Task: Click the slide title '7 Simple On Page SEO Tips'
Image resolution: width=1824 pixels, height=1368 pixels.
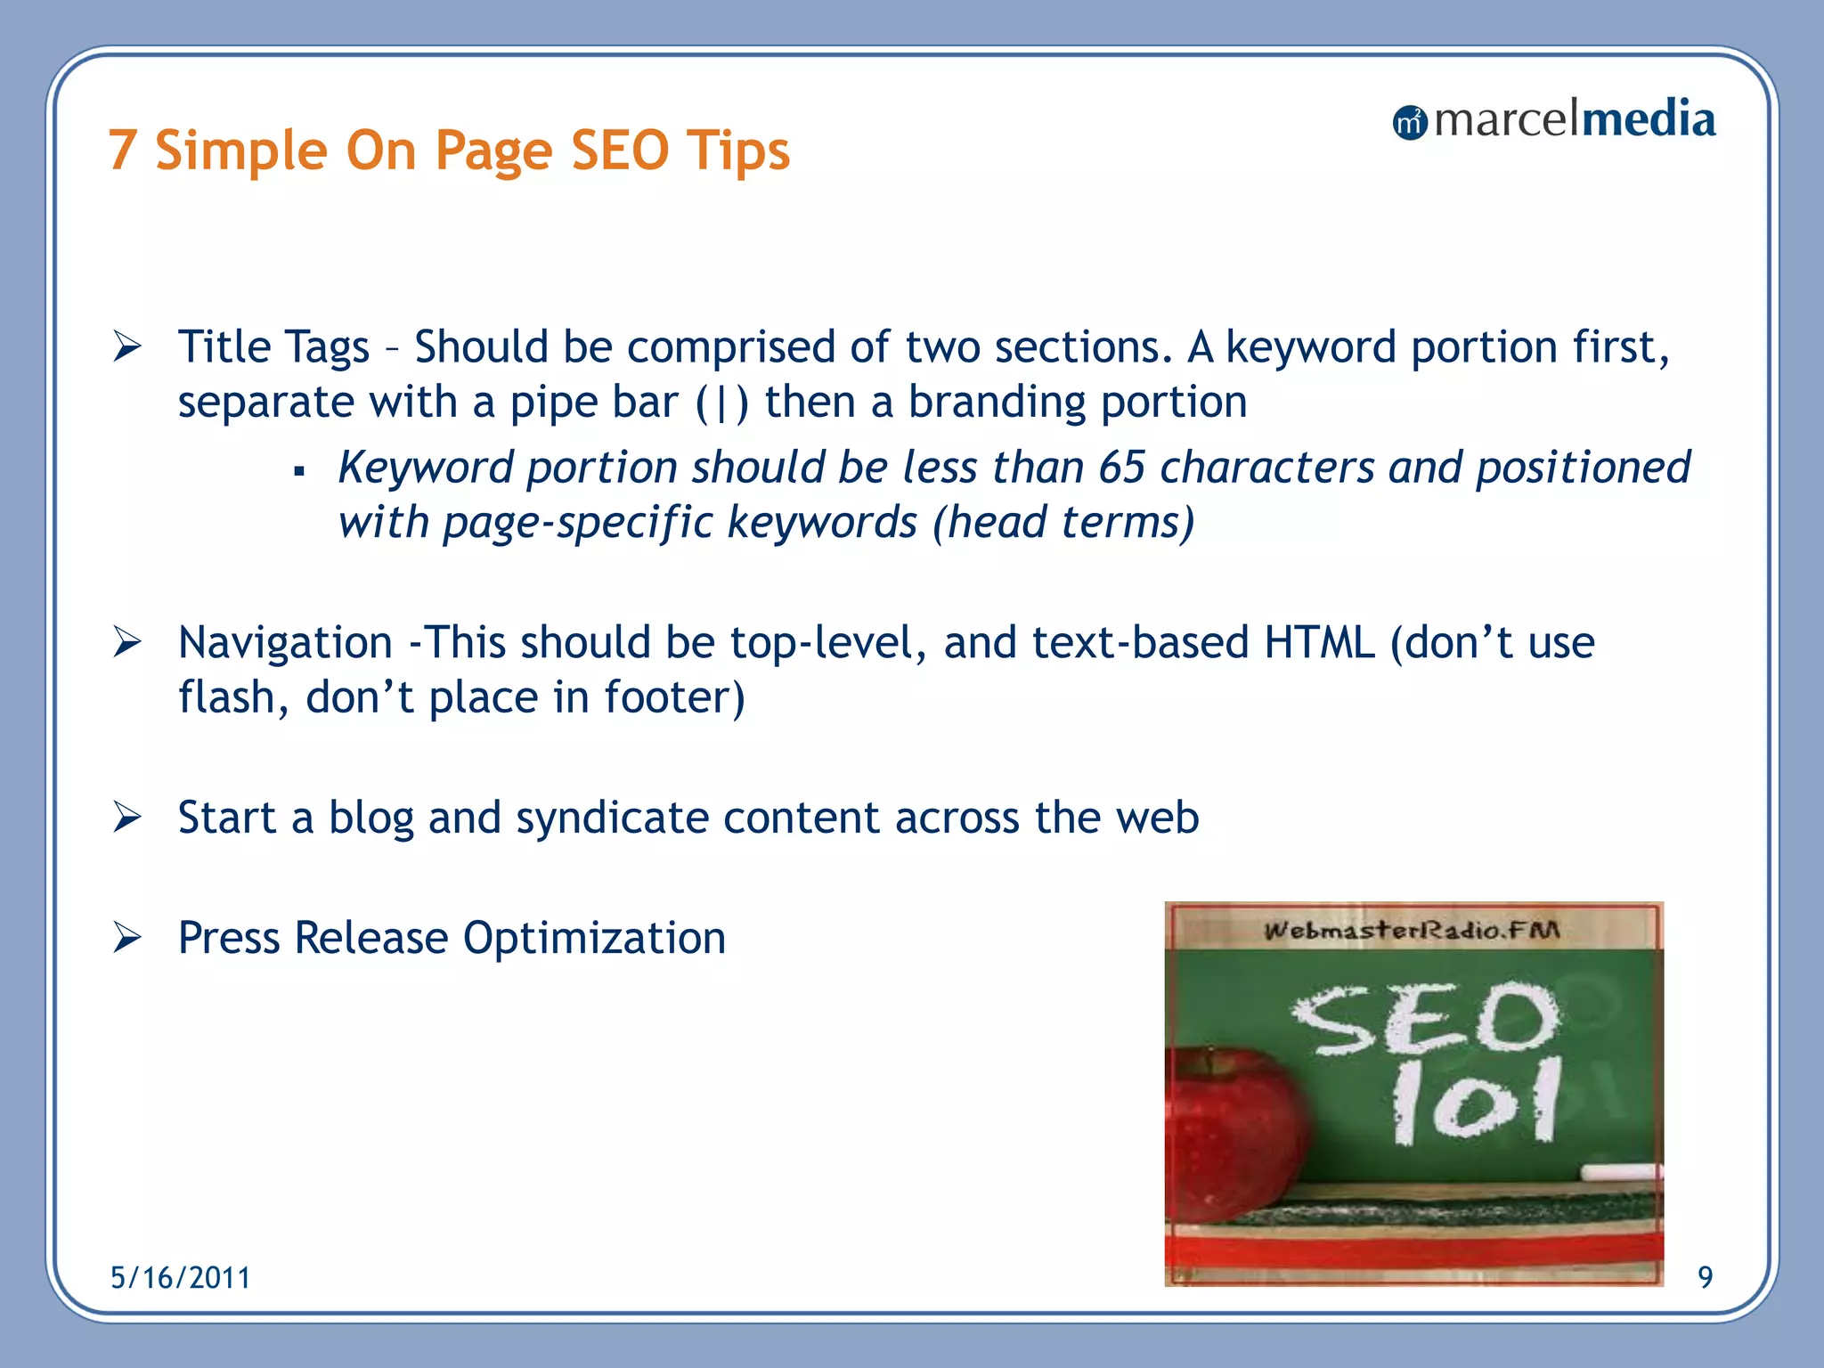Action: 449,150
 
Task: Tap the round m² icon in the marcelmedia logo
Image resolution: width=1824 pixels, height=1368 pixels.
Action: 1409,123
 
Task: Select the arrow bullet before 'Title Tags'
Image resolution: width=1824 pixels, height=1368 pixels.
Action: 127,346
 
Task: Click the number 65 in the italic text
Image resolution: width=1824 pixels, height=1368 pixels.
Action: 1121,468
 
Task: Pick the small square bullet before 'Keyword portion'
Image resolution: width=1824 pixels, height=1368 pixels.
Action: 299,470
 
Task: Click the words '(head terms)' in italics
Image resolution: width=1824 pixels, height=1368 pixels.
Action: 1063,522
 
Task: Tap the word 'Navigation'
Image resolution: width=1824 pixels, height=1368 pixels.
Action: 285,643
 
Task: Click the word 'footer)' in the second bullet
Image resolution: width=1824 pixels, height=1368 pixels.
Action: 674,697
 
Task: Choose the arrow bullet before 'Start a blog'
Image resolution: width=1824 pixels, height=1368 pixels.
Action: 127,818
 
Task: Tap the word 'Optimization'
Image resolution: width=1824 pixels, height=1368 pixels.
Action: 594,938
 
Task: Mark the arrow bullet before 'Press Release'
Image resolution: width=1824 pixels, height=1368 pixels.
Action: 127,938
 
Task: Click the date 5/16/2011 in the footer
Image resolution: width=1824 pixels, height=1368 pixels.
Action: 180,1278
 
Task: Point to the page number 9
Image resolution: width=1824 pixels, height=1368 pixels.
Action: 1705,1278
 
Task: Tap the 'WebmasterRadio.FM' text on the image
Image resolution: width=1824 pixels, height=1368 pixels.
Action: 1412,931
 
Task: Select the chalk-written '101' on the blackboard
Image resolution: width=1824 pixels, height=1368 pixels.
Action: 1476,1102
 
